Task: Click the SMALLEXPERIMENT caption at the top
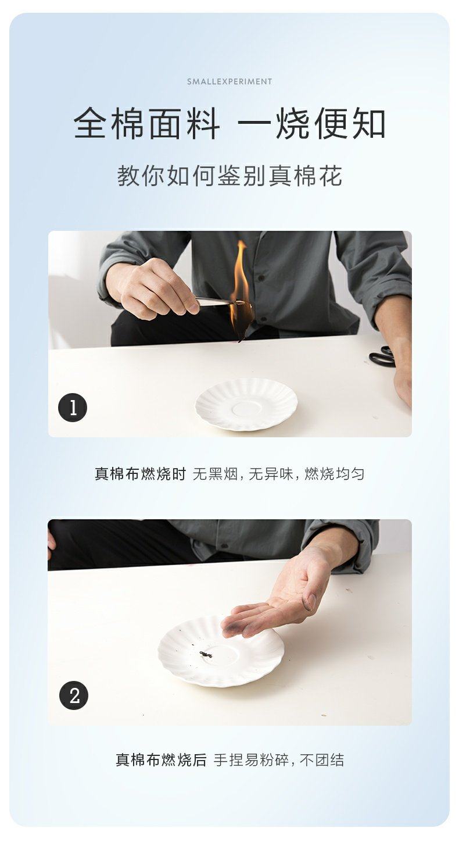[229, 81]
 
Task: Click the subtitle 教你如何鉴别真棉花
[229, 176]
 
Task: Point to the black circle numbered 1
[73, 408]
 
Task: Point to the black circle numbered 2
[74, 695]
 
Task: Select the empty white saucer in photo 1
[246, 405]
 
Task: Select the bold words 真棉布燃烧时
[140, 474]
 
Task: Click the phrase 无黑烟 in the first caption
[215, 474]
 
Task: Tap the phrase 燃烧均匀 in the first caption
[334, 474]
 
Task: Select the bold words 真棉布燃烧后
[161, 760]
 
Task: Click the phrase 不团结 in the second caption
[322, 760]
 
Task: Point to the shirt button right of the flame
[260, 278]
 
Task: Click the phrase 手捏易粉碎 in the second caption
[251, 760]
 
